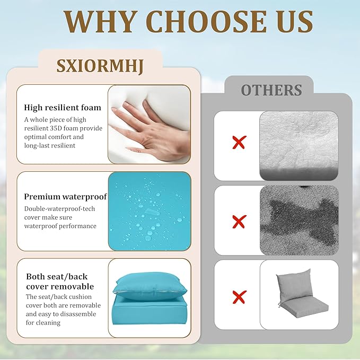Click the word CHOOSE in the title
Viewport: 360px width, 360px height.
(x=209, y=21)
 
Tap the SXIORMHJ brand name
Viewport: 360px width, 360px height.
(x=100, y=66)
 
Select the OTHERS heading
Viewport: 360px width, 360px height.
(x=271, y=90)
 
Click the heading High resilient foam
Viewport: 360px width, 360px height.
(x=63, y=107)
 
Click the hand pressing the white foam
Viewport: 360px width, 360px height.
(x=152, y=131)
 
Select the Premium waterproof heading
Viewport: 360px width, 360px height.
(x=65, y=196)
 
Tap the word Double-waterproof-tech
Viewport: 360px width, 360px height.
(x=59, y=209)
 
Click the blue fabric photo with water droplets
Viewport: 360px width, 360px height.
(x=150, y=211)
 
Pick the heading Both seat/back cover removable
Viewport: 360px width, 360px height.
(x=60, y=281)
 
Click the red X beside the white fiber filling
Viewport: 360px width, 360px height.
(x=239, y=142)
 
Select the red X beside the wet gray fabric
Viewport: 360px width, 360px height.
(x=239, y=222)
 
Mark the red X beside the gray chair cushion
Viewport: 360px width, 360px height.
(x=239, y=297)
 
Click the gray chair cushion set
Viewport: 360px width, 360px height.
(x=300, y=294)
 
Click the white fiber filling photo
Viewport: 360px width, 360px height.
(x=298, y=146)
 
